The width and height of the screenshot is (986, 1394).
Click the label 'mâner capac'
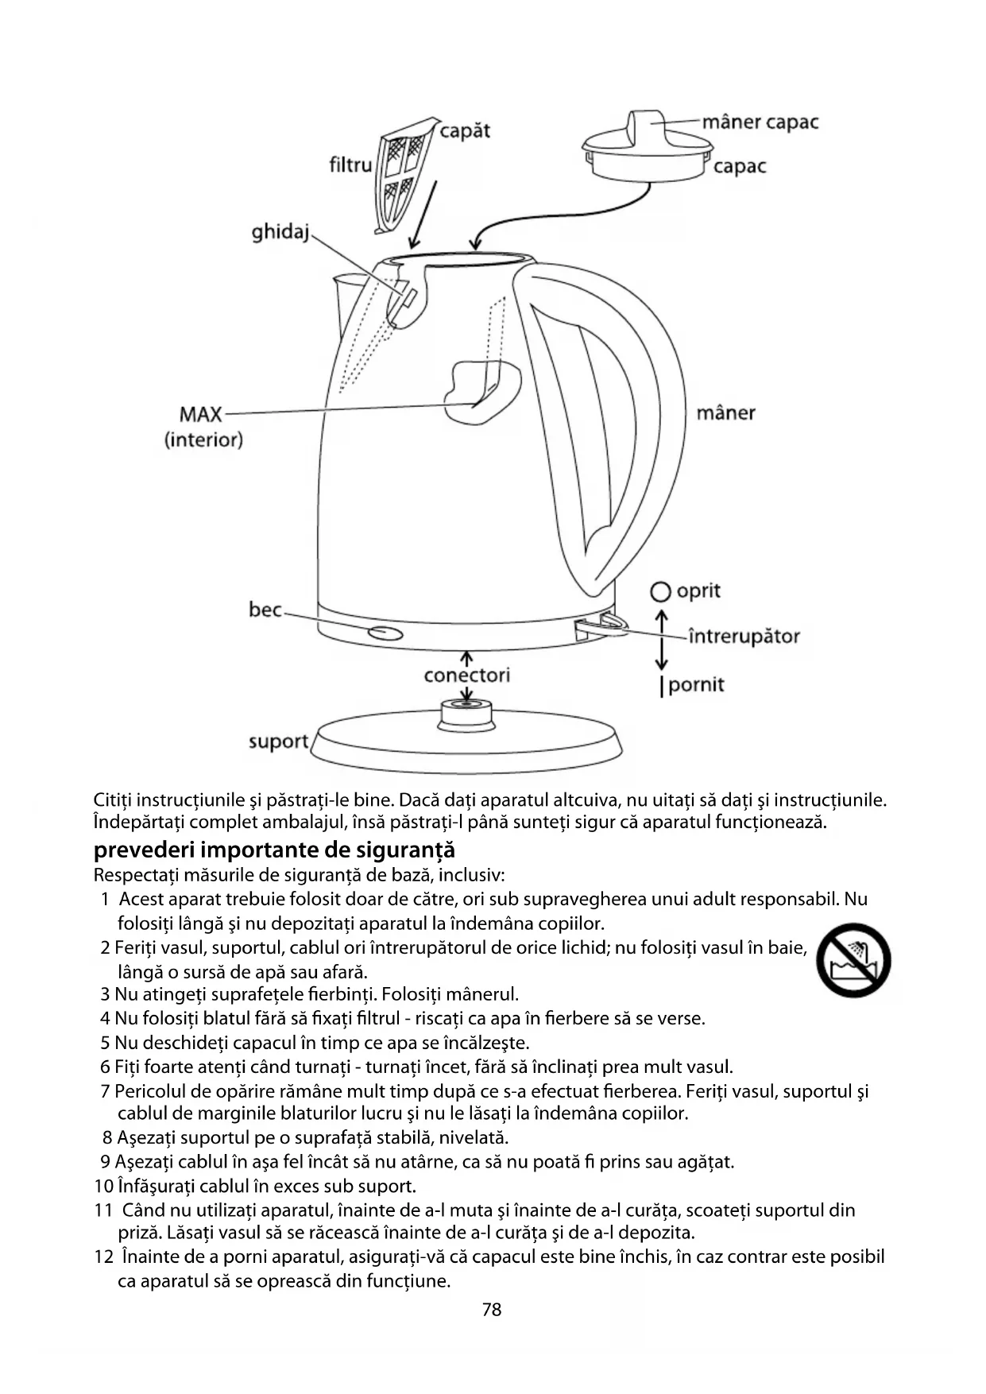pyautogui.click(x=760, y=122)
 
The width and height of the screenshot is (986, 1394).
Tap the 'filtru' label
pyautogui.click(x=350, y=165)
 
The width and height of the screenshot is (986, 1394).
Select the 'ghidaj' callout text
pyautogui.click(x=280, y=232)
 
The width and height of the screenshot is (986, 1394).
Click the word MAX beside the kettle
pyautogui.click(x=201, y=414)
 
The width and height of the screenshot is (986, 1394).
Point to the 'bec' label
pyautogui.click(x=265, y=610)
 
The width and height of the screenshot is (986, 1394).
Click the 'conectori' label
pyautogui.click(x=466, y=676)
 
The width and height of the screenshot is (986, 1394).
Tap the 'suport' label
pyautogui.click(x=279, y=742)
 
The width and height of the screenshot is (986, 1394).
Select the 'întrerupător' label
pyautogui.click(x=744, y=636)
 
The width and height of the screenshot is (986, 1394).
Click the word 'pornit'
pyautogui.click(x=696, y=684)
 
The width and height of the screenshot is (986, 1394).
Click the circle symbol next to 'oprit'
pyautogui.click(x=659, y=592)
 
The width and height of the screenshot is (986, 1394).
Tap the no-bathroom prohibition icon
pyautogui.click(x=854, y=960)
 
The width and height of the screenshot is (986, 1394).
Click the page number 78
pyautogui.click(x=492, y=1310)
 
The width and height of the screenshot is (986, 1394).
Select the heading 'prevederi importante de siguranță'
pyautogui.click(x=274, y=850)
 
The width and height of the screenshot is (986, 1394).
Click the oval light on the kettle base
pyautogui.click(x=385, y=633)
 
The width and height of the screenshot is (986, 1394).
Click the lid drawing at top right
pyautogui.click(x=646, y=148)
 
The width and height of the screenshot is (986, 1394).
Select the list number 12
pyautogui.click(x=104, y=1257)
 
